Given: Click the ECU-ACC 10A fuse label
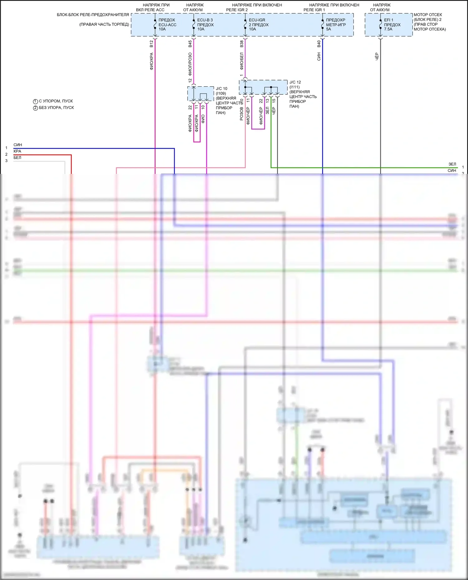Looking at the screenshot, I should pos(167,25).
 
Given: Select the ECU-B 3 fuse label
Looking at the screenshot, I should pos(205,20).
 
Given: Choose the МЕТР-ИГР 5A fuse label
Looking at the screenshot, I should pos(336,25).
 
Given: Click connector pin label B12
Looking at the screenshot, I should pos(151,44).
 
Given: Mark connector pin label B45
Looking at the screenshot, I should pos(190,44).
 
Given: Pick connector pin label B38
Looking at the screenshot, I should pos(241,44).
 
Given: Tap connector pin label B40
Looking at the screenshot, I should pos(319,44).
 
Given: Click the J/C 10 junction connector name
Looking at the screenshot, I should pos(222,89).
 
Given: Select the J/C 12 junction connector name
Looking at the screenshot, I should pos(295,82).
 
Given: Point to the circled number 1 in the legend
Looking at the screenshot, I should pos(35,101).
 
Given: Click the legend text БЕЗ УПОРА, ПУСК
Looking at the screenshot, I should pos(56,108).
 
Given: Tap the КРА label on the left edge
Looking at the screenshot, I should pos(17,151).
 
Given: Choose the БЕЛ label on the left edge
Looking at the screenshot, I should pos(17,158).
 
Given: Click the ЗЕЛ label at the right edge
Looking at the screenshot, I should pos(452,164).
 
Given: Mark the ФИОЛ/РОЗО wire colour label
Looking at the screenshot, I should pos(190,64).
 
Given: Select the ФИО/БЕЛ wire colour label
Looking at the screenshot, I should pos(241,61).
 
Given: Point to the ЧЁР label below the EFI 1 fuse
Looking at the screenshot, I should pos(377,56).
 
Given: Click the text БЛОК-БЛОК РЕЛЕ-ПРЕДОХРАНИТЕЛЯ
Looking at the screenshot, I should pos(93,15).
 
